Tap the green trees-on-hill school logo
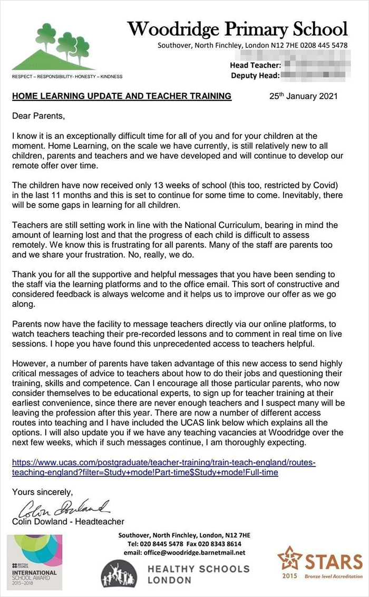[x=54, y=47]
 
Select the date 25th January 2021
[x=303, y=96]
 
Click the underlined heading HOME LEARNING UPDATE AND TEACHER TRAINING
[x=121, y=96]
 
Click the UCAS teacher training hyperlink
[x=163, y=467]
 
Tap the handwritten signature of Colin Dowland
[x=64, y=508]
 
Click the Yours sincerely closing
[x=42, y=492]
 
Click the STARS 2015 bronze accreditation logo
[x=321, y=563]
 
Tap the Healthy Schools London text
[x=198, y=574]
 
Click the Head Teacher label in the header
[x=256, y=65]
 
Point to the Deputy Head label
[x=255, y=75]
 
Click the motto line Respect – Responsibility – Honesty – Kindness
[x=67, y=76]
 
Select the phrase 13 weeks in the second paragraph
[x=159, y=186]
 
